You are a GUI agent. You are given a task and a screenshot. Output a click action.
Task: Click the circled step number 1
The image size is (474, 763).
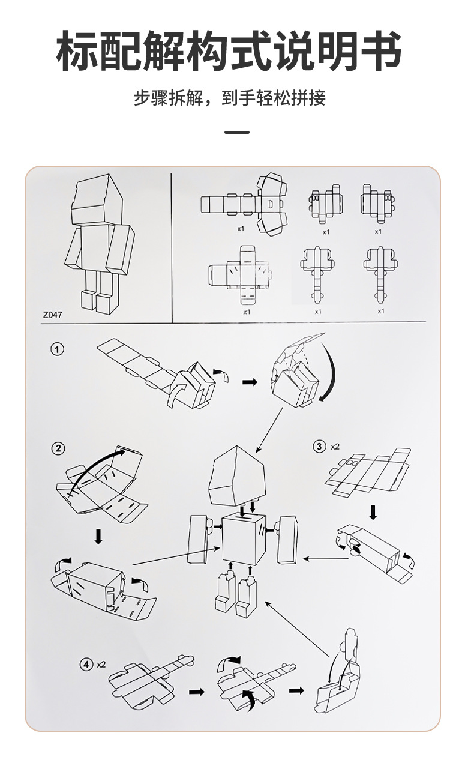point(57,349)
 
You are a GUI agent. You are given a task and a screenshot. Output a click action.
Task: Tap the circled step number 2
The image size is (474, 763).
point(58,448)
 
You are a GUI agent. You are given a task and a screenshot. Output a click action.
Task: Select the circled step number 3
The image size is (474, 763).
point(319,446)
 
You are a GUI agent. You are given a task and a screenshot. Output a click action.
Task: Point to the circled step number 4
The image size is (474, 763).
point(87,664)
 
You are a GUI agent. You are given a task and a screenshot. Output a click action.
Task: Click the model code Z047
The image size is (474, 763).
point(53,314)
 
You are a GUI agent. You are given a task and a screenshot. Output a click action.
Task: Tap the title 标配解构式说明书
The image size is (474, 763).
point(229,52)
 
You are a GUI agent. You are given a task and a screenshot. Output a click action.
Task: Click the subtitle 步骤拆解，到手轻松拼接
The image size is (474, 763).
point(229,98)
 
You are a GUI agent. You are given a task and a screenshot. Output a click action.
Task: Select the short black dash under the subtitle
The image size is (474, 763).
point(236,131)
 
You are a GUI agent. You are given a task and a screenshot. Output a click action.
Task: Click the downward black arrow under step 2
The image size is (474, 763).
point(98,537)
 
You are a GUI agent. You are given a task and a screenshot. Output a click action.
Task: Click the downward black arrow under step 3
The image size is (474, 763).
point(373,512)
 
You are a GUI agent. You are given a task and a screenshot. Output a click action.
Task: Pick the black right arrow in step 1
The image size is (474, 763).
point(249,382)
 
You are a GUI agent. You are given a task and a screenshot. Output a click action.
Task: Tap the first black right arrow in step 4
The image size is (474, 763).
point(196,692)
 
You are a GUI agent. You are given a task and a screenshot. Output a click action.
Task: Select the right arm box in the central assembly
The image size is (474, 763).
point(287,538)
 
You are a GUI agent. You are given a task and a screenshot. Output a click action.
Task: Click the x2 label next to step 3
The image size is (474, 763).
point(334,446)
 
